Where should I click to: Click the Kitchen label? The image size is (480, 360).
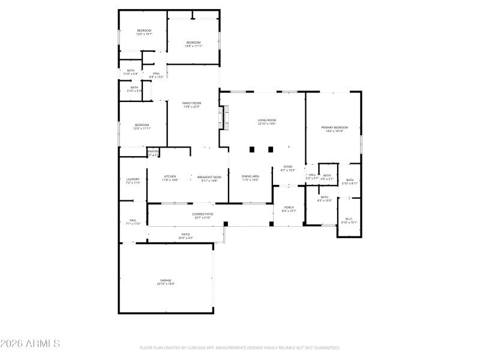click(x=170, y=178)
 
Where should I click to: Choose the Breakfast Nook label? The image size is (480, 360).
click(x=209, y=178)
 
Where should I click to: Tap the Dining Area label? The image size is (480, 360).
click(x=250, y=178)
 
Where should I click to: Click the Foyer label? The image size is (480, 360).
click(x=288, y=168)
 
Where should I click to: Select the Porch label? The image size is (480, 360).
click(x=289, y=209)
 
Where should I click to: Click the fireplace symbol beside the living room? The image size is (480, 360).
click(x=226, y=118)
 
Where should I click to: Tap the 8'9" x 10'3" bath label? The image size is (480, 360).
click(x=324, y=199)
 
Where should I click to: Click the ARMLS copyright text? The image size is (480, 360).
click(x=30, y=344)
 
